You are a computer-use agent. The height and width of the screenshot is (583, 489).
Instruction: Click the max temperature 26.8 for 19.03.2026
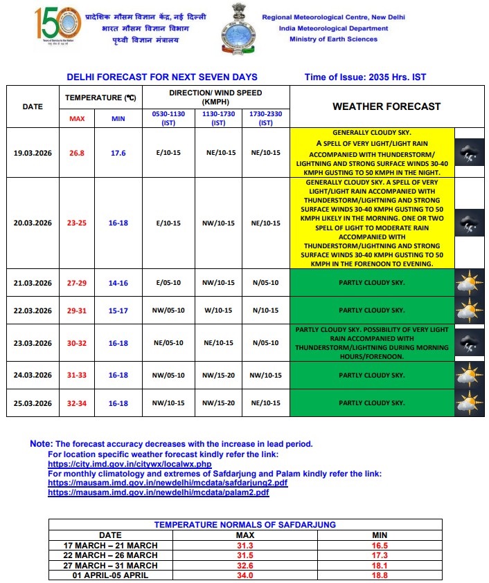click(x=76, y=153)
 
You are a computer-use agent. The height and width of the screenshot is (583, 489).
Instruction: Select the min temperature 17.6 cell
click(x=118, y=153)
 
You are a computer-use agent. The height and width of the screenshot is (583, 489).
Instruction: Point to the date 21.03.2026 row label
click(x=33, y=283)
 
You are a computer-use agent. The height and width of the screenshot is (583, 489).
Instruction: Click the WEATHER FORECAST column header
click(x=386, y=107)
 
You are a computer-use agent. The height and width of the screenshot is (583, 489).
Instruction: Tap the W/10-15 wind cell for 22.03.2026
click(x=219, y=311)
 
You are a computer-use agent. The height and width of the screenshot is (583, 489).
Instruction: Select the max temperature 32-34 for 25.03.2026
click(x=76, y=402)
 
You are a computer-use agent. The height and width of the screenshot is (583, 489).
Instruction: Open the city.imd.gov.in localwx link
click(x=130, y=463)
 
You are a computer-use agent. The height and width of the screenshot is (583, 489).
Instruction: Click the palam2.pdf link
click(x=158, y=492)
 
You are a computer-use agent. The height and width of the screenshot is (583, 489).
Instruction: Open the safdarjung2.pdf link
click(x=168, y=483)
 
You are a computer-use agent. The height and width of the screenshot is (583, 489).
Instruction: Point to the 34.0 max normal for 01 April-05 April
click(x=245, y=575)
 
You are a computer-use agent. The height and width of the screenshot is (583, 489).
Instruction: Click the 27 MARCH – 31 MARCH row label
click(x=110, y=565)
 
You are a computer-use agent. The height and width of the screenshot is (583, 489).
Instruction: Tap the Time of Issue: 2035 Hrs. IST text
click(x=365, y=77)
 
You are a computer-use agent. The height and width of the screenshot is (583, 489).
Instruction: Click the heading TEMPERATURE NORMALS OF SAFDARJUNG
click(x=244, y=525)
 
